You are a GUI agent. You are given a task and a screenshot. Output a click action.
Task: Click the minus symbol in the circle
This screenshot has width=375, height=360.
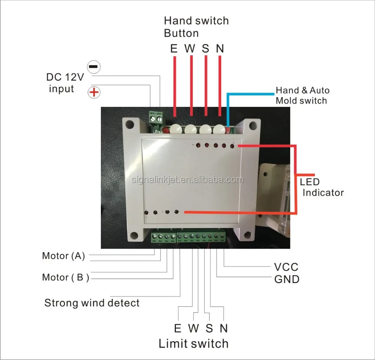click(x=93, y=67)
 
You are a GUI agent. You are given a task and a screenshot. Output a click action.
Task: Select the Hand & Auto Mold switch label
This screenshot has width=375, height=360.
click(x=302, y=95)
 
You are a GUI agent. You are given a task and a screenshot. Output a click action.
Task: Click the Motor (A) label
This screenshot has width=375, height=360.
click(x=63, y=256)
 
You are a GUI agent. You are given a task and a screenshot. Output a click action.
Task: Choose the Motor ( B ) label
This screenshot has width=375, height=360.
click(x=65, y=277)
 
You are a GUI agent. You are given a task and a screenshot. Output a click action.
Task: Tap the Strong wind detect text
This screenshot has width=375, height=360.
click(x=92, y=303)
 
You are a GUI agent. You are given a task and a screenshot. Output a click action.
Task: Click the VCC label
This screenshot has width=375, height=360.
click(x=286, y=267)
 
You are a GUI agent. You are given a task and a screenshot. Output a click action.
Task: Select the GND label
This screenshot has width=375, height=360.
click(x=287, y=279)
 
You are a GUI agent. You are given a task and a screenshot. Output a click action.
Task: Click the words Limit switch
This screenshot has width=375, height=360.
click(x=193, y=343)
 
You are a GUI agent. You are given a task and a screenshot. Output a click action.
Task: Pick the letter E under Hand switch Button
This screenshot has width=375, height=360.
click(x=174, y=49)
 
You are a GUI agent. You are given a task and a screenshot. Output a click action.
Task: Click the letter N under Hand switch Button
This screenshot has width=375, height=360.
click(x=220, y=49)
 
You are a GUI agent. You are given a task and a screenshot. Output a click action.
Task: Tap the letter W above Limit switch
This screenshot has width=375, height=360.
click(x=193, y=328)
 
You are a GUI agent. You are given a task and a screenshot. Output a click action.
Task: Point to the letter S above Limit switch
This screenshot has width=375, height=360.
click(x=209, y=328)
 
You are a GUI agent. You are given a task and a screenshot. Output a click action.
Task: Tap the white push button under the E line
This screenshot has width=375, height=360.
click(x=175, y=129)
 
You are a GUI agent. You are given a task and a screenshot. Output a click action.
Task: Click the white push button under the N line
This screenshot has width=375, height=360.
click(x=219, y=129)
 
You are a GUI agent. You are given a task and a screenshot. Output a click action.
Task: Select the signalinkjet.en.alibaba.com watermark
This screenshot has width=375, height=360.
click(x=187, y=180)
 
